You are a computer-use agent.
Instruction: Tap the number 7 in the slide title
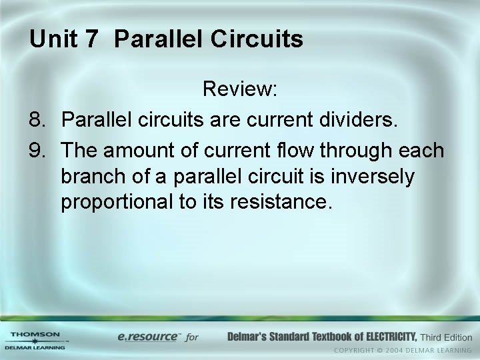91,39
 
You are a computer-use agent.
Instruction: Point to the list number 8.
38,120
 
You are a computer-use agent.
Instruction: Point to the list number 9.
38,151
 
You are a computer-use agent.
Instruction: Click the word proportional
117,203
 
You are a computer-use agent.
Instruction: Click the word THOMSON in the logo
35,334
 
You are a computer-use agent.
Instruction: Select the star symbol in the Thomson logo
35,341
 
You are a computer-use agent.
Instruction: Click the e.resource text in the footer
147,337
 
